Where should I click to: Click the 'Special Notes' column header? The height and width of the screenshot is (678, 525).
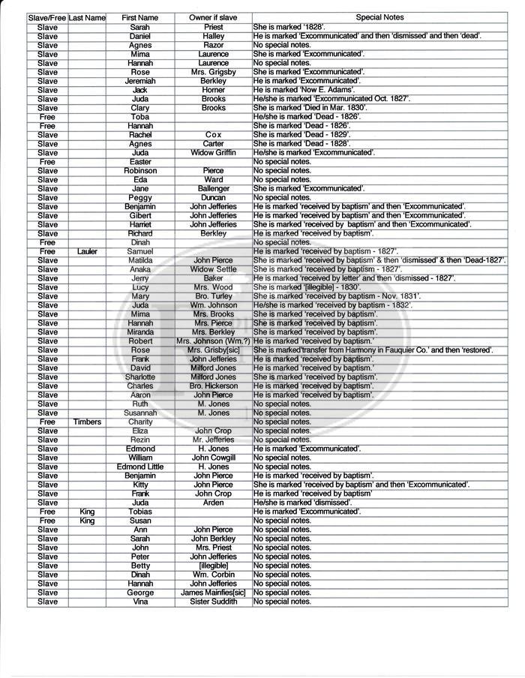[x=379, y=17]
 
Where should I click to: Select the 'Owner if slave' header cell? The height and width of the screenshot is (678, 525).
[x=213, y=17]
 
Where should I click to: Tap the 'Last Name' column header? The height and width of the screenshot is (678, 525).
[x=87, y=17]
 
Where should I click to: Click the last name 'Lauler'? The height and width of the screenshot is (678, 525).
[x=87, y=251]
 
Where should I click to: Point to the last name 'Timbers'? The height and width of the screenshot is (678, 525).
[x=87, y=422]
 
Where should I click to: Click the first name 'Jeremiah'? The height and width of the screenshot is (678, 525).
[x=139, y=81]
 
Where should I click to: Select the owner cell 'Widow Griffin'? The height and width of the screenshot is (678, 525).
[x=213, y=153]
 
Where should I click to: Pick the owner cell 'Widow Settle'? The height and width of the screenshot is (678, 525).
[x=213, y=269]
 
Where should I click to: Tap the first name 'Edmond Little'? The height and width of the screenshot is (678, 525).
[x=139, y=467]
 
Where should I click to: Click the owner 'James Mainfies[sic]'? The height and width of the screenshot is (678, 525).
[x=213, y=592]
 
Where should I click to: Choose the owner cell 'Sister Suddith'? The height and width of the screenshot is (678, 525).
[x=213, y=601]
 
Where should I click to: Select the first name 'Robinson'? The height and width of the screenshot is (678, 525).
[x=139, y=171]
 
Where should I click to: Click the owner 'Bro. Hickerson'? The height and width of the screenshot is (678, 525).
[x=213, y=386]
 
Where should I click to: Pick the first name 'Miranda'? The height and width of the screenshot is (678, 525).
[x=139, y=332]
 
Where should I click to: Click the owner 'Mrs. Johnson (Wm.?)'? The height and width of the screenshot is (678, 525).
[x=213, y=341]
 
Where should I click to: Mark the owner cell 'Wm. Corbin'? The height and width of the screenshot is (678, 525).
[x=213, y=574]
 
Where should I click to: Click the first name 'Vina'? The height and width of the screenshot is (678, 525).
[x=139, y=601]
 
